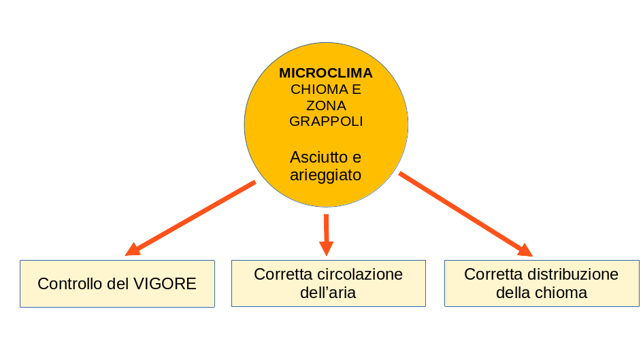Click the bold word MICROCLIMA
pos(326,73)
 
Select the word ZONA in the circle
pos(326,105)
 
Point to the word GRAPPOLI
pos(326,121)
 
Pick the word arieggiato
pos(326,175)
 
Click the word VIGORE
pos(166,284)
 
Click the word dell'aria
pos(328,293)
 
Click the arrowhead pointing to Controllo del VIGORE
pos(132,250)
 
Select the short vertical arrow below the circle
pos(327,233)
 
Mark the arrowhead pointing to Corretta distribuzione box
pos(525,251)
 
